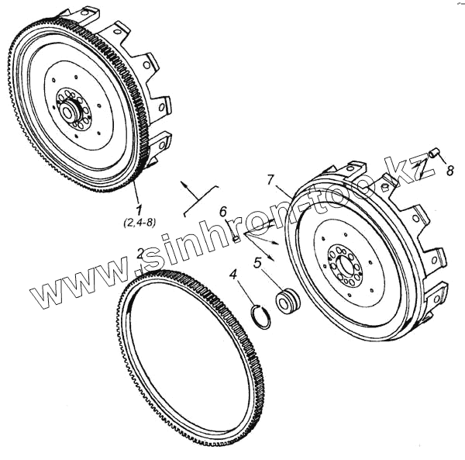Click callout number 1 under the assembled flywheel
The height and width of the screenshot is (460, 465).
[x=139, y=209]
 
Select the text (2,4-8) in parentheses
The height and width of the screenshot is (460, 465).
[x=139, y=223]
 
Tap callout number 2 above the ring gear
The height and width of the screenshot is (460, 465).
[x=140, y=254]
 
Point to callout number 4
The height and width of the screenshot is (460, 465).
[x=234, y=275]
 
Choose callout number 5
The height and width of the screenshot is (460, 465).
[x=257, y=263]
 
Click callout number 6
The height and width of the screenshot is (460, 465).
[x=223, y=213]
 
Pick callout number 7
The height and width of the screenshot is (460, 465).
[x=270, y=180]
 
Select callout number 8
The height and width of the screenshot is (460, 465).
[x=450, y=171]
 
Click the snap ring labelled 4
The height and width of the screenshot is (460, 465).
[x=260, y=316]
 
